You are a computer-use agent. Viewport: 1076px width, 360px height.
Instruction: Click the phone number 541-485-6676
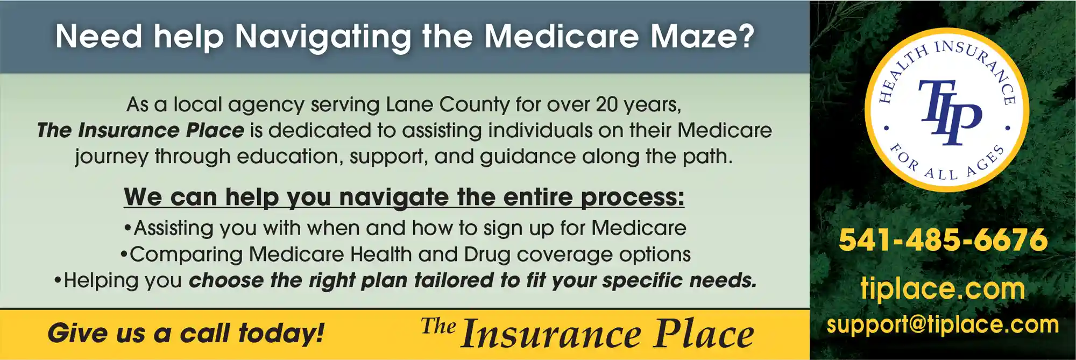[x=943, y=240]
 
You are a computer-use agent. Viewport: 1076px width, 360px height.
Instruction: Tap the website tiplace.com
[x=943, y=289]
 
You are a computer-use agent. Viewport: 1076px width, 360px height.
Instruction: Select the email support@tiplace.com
[x=943, y=324]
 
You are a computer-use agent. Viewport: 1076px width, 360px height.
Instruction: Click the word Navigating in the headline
[x=323, y=38]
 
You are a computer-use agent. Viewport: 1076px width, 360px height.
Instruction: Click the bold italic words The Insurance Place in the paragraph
[x=140, y=130]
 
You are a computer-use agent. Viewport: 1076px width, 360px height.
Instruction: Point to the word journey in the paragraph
[x=111, y=157]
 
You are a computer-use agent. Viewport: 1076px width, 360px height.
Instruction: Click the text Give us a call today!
[x=186, y=333]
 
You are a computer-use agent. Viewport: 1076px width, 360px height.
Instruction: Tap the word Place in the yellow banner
[x=704, y=334]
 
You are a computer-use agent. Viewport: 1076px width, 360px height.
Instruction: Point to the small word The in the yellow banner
[x=438, y=326]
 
